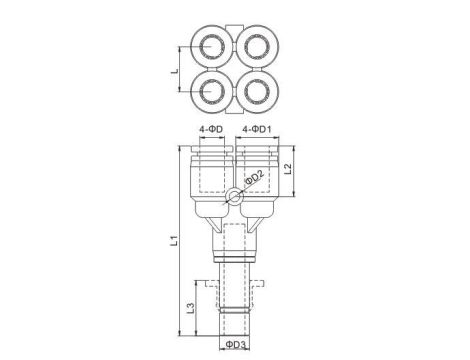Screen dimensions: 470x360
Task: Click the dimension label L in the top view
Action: [175, 71]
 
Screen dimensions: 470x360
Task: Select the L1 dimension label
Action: [174, 240]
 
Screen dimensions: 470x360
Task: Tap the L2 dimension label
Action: [289, 168]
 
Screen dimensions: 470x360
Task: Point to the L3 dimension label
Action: [190, 308]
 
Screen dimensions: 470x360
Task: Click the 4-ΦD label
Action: [211, 129]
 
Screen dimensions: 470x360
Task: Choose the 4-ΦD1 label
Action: [257, 129]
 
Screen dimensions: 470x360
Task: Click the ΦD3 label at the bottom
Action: [236, 344]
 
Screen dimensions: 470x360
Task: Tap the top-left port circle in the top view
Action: [211, 46]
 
